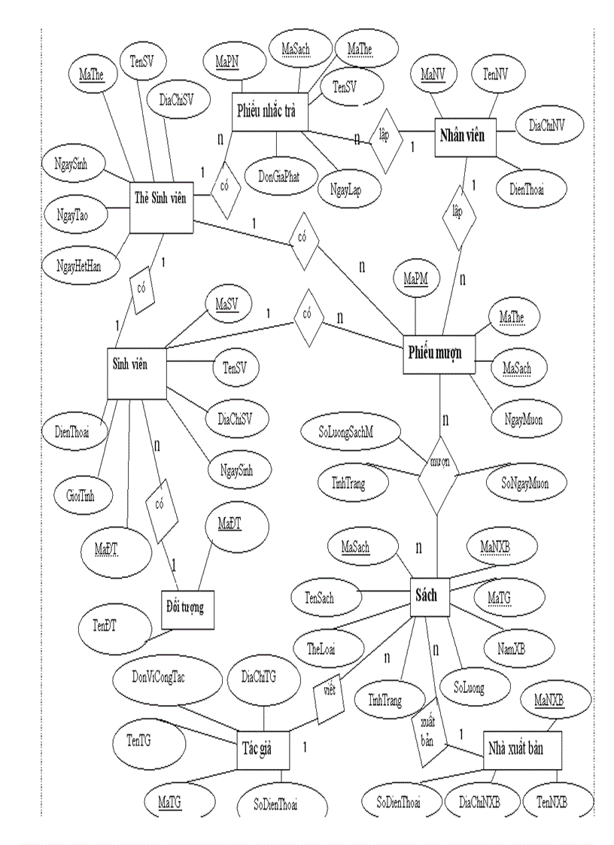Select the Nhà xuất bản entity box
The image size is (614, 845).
(x=521, y=749)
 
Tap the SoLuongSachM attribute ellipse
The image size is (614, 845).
(x=346, y=434)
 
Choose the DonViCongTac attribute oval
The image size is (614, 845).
(x=159, y=677)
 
